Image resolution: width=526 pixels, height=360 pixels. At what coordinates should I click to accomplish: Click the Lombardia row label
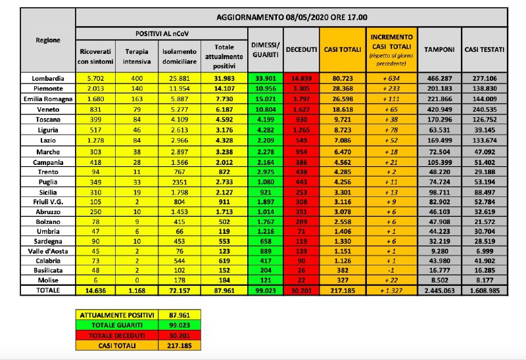click(x=47, y=78)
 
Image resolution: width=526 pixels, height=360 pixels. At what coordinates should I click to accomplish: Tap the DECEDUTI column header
click(x=302, y=50)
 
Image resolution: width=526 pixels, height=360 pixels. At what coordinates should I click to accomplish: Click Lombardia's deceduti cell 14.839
click(x=302, y=78)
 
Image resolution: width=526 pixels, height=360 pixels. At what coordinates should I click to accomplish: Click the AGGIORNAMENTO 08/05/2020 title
click(x=292, y=17)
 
